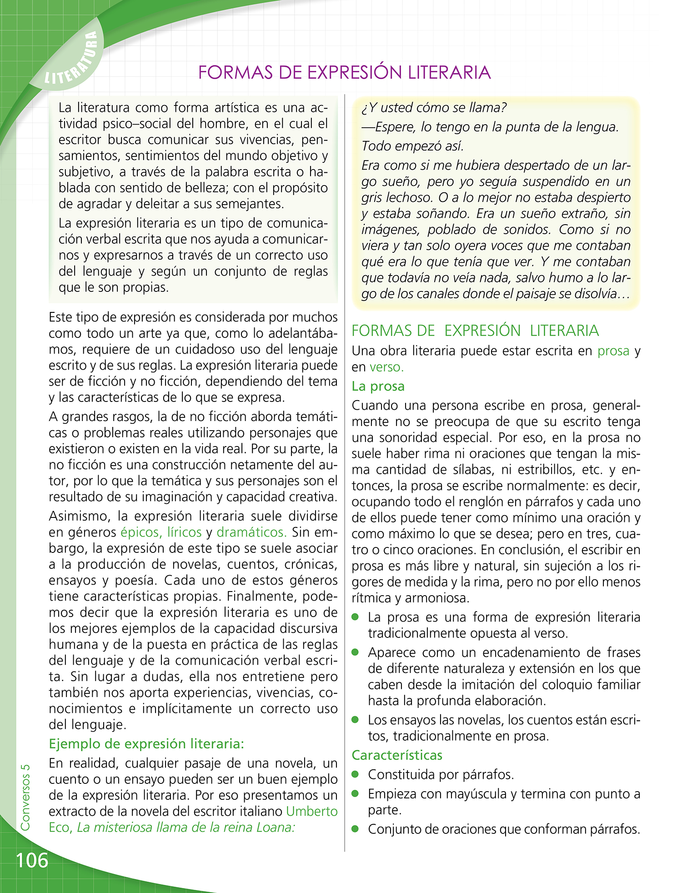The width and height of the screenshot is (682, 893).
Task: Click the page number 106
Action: pos(32,860)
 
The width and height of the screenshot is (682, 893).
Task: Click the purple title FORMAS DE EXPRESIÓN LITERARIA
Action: pos(344,73)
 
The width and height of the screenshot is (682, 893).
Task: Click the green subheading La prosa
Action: pos(378,386)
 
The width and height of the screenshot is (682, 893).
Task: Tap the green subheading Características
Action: pos(397,755)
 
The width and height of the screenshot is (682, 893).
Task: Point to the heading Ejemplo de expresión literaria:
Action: pos(146,744)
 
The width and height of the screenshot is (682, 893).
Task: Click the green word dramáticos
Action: pos(251,532)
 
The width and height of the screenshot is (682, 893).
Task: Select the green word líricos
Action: pos(184,532)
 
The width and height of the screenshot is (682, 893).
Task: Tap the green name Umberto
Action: pos(312,811)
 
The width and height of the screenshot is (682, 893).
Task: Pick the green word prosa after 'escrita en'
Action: pos(613,351)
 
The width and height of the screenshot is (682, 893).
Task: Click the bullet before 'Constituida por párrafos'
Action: pos(356,774)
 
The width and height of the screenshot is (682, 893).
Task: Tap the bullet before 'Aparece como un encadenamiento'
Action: pos(356,652)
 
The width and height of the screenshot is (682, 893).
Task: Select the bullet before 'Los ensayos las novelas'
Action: pos(356,720)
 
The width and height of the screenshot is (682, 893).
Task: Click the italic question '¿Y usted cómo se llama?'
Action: pos(434,108)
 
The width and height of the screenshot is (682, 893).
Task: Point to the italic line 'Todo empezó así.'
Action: pos(412,146)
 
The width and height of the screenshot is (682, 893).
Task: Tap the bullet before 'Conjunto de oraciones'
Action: pos(356,829)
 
